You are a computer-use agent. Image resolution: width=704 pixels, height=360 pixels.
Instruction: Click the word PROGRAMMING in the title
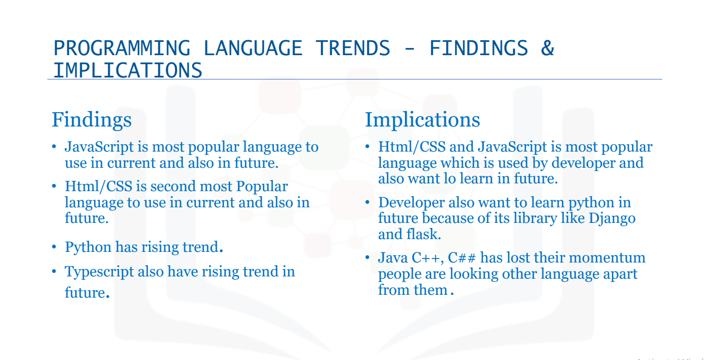pos(122,48)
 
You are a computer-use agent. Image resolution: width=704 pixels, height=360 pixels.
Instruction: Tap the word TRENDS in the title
pos(353,48)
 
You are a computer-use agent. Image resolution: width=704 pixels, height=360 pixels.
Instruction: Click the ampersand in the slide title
pos(547,48)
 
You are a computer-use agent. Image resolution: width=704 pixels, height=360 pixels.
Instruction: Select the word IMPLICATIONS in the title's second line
pos(128,70)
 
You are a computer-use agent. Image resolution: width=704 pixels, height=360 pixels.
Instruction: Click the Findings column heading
pos(91,120)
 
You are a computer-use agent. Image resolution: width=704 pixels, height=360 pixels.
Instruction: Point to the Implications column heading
pos(422,120)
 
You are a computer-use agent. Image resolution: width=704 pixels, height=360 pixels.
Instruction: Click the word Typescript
pos(99,272)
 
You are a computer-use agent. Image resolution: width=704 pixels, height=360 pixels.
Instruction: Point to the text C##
pos(462,258)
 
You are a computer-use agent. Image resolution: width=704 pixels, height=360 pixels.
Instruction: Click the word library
pos(535,219)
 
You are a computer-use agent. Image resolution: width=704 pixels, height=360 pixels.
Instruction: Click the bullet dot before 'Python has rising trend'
pos(54,247)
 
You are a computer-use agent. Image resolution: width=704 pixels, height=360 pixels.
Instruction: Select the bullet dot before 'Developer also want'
pos(368,202)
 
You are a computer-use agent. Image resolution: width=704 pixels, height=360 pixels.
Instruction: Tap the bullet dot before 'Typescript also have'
pos(54,271)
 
